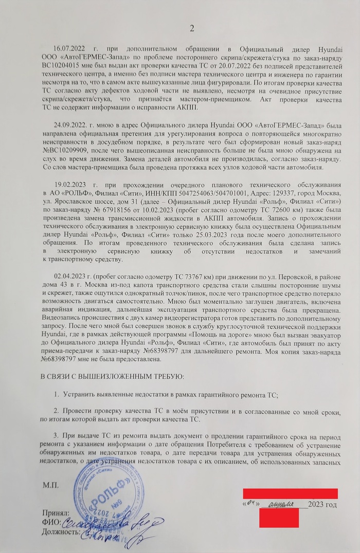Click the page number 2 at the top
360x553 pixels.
[192, 28]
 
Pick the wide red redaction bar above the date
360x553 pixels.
[290, 493]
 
